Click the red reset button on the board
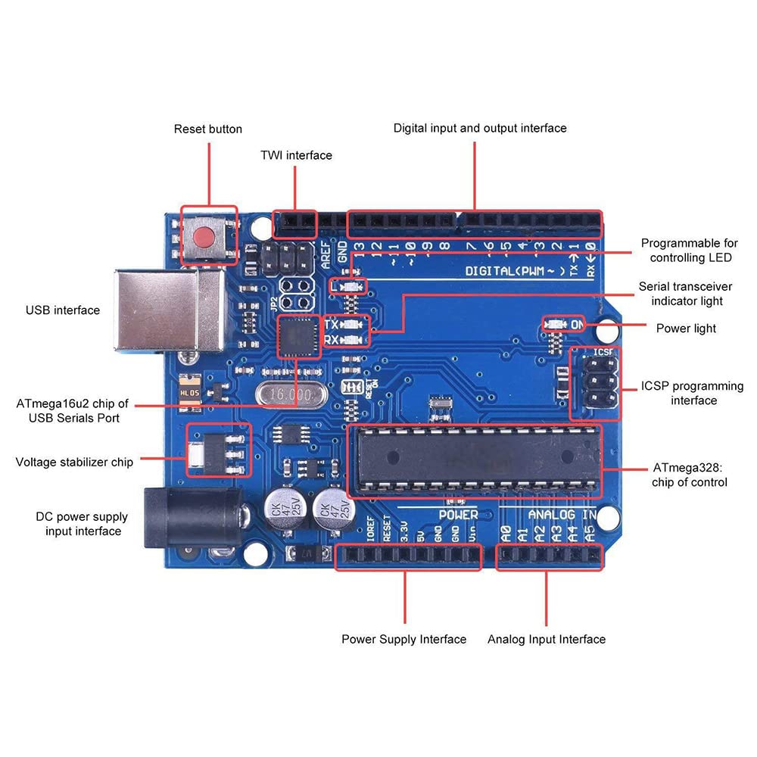point(208,237)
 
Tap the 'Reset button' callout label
point(208,129)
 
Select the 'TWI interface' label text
point(296,155)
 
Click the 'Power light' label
point(685,329)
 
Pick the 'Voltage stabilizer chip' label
point(74,462)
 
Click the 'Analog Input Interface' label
point(546,640)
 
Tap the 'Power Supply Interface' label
point(403,640)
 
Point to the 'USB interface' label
point(63,310)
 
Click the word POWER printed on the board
point(458,515)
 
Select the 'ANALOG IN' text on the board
point(562,515)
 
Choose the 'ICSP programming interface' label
point(693,393)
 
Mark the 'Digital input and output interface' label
point(480,128)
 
